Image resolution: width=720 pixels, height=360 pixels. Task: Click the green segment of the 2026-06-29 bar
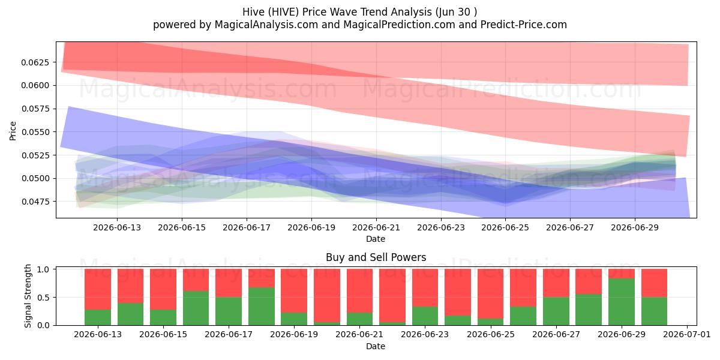pos(622,302)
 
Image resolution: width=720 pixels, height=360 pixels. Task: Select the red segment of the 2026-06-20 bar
pos(327,296)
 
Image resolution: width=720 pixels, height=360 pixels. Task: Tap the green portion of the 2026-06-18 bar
pos(262,307)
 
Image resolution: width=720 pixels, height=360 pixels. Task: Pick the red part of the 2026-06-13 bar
pos(98,289)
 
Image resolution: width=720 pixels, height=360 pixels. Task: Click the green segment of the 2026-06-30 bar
pos(654,311)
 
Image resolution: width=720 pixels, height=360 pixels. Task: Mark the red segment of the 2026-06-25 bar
pos(491,294)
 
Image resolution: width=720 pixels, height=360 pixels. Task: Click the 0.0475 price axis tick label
pos(35,202)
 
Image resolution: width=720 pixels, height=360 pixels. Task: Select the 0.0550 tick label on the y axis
pos(35,132)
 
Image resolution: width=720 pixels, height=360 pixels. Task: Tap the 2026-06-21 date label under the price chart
pos(376,227)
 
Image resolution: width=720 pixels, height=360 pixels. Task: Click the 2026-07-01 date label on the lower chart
pos(687,335)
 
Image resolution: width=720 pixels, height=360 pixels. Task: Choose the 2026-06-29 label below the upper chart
pos(635,227)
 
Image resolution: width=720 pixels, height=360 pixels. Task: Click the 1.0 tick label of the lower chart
pos(43,269)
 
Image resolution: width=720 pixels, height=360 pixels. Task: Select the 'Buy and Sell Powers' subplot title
pos(376,257)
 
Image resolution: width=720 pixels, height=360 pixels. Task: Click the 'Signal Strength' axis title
pos(28,296)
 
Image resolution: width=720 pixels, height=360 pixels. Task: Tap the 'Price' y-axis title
pos(13,131)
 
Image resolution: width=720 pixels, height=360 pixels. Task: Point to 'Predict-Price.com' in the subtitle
pos(524,25)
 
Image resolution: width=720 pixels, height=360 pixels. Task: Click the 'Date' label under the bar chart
pos(376,346)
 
